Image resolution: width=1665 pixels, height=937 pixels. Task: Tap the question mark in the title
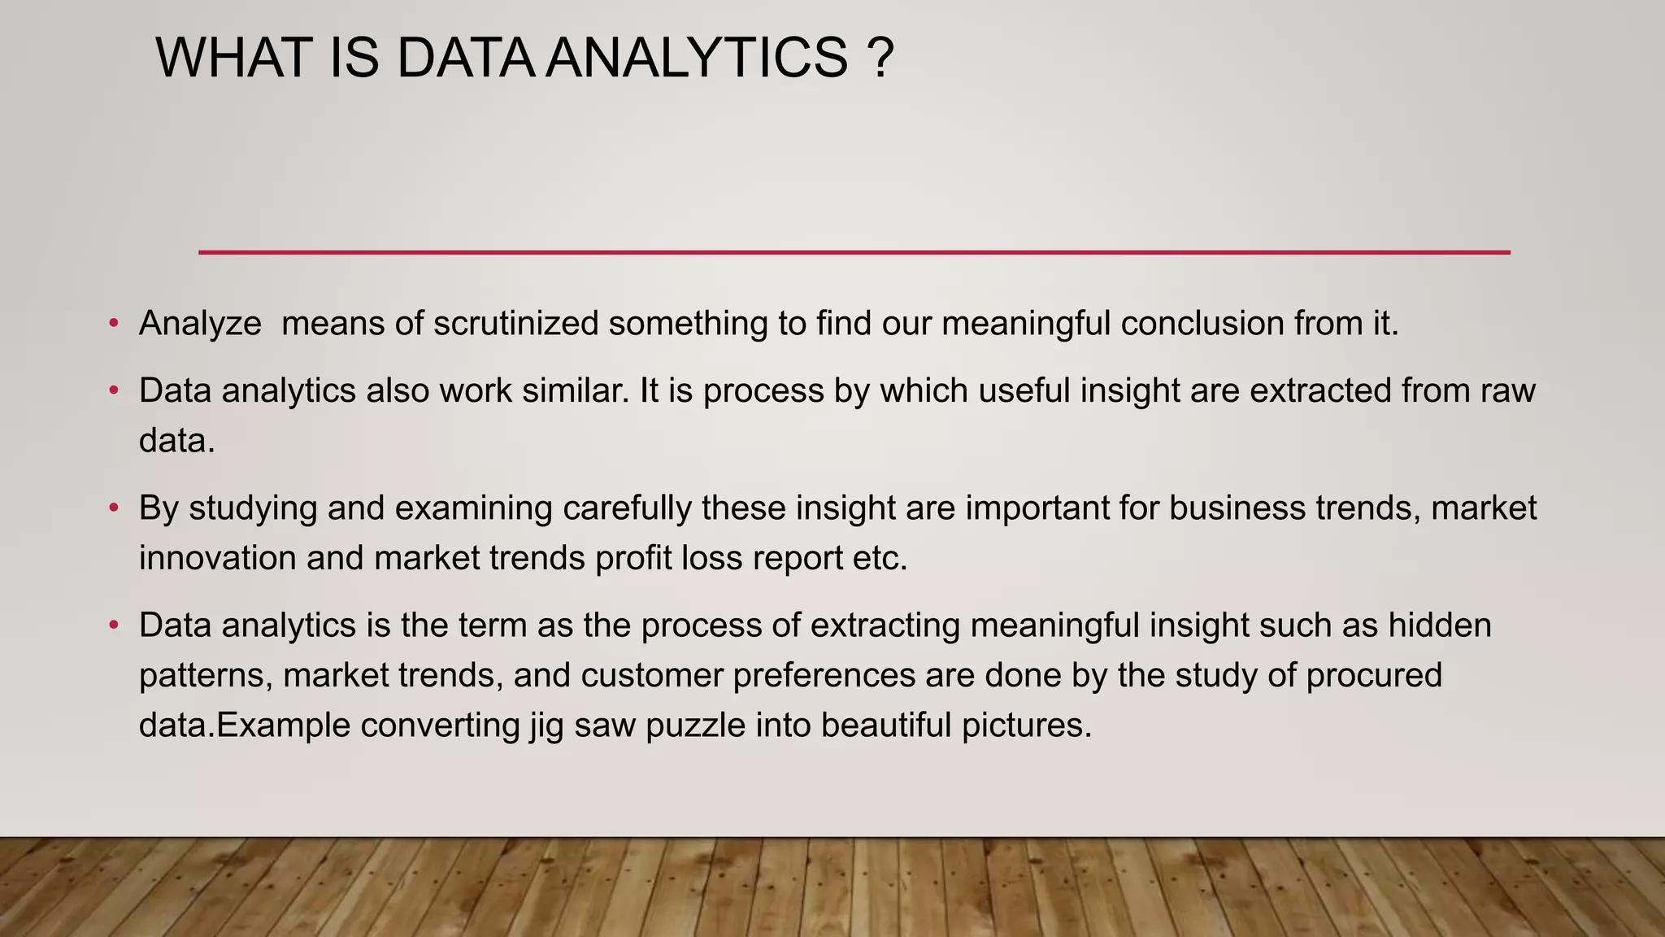(880, 59)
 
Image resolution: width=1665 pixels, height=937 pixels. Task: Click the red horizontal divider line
(854, 252)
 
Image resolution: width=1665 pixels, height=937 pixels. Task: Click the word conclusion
(1202, 324)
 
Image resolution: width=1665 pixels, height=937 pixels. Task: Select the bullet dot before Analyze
(114, 324)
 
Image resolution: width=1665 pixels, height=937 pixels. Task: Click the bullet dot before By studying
(114, 508)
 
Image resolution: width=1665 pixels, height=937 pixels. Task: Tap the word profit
(633, 559)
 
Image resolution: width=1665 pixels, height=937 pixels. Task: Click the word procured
(1374, 676)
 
